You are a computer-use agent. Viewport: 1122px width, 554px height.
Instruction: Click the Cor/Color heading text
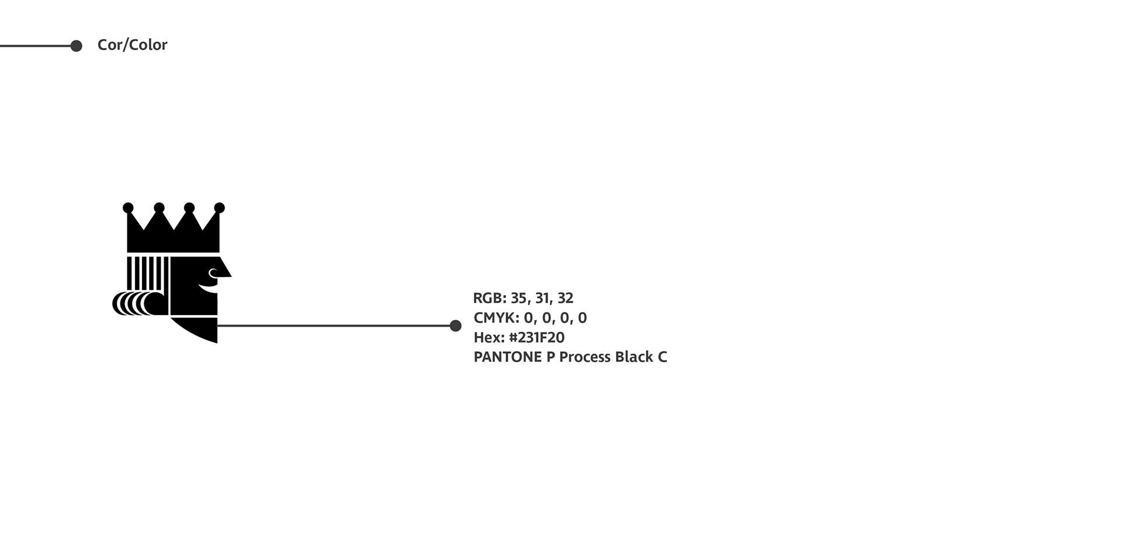pos(132,45)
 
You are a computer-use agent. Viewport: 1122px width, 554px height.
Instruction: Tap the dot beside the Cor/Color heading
pos(76,46)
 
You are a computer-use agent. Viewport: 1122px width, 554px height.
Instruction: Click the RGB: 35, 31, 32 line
pos(523,298)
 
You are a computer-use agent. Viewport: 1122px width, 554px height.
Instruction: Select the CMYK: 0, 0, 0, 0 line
pos(530,318)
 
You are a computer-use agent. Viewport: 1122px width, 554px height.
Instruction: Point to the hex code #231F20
pos(537,338)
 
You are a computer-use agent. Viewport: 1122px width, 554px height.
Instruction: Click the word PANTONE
pos(508,357)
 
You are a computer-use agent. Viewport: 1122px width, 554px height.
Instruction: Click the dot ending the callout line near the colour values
pos(456,326)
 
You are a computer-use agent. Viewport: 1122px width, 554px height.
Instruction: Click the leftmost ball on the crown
pos(128,207)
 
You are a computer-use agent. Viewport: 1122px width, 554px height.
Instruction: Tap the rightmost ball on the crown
pos(220,207)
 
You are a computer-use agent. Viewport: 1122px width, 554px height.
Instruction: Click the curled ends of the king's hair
pos(139,304)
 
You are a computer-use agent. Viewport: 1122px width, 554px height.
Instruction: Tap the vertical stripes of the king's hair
pos(147,273)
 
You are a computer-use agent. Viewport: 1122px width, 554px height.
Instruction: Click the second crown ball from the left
pos(159,207)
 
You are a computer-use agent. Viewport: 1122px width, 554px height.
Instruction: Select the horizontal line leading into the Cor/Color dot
pos(35,46)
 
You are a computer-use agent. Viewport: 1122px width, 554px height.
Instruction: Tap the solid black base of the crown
pos(173,241)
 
